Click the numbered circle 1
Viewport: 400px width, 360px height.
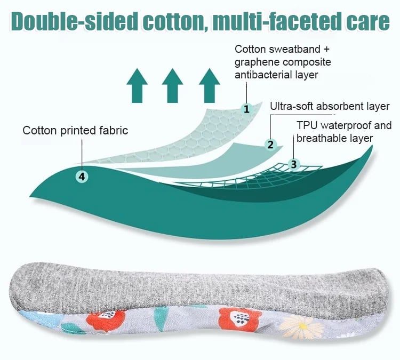[246, 109]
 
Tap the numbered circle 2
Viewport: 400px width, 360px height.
[270, 144]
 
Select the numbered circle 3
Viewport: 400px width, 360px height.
[293, 164]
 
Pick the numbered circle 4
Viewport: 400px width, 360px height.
[82, 176]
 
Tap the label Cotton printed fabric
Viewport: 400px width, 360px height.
[75, 130]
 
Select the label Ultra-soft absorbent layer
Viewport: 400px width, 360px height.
[330, 106]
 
